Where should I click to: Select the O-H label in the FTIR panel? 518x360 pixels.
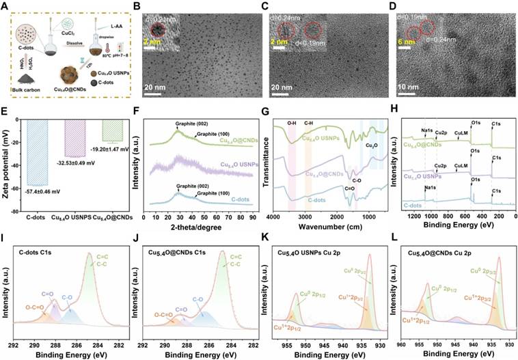tap(292, 124)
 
